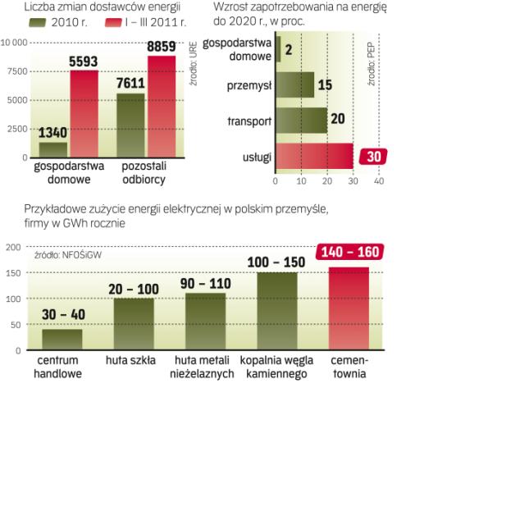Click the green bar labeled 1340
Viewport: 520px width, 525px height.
(53, 149)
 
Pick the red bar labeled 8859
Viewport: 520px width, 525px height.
(161, 106)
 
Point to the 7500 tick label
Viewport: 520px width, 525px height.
(14, 71)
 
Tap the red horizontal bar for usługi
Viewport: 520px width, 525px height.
(314, 156)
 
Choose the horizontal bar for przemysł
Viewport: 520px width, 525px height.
(294, 85)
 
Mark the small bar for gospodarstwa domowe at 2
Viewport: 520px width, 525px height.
(278, 49)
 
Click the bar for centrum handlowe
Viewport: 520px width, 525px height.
(62, 339)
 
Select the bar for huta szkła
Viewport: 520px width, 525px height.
(134, 323)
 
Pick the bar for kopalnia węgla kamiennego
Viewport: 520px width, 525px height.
(277, 310)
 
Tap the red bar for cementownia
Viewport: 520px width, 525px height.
(349, 308)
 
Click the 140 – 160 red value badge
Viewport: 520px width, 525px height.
(350, 252)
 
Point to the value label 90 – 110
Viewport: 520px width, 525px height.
(205, 283)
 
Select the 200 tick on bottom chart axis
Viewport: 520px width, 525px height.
(12, 246)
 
